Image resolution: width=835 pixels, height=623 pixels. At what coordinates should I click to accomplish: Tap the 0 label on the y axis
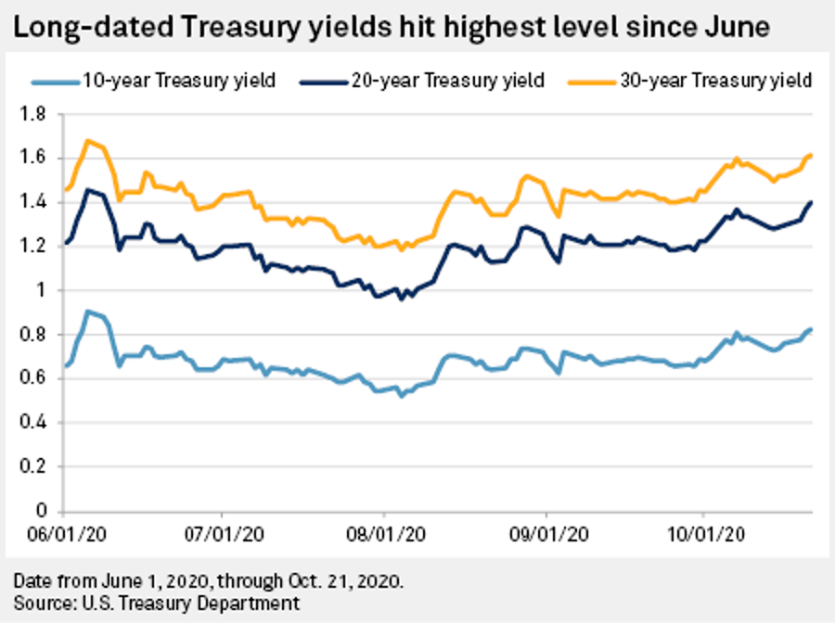click(43, 511)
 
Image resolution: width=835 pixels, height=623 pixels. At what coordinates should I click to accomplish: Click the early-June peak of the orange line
click(87, 141)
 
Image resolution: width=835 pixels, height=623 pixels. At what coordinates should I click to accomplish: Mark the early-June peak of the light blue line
click(87, 311)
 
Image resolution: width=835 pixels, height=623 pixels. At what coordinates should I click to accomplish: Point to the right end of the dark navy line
click(812, 202)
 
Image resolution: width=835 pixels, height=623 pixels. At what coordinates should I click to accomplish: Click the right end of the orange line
click(812, 155)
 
